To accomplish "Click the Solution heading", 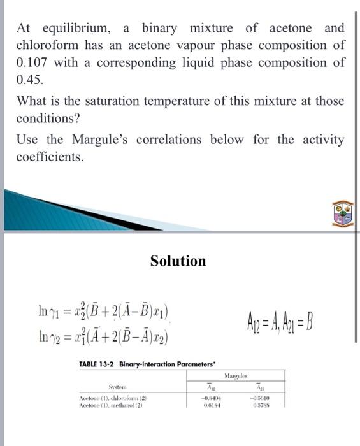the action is click(178, 261).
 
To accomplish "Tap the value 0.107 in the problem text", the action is click(34, 63).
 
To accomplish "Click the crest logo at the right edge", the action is click(343, 213).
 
